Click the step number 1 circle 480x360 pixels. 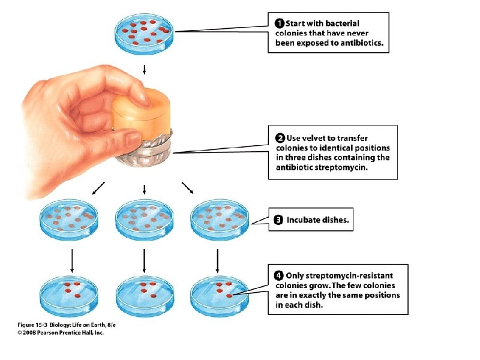tap(279, 23)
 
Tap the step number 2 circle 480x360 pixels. tap(280, 139)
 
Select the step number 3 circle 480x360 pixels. tap(278, 220)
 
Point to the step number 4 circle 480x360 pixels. tap(279, 275)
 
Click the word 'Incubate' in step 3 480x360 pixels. tap(305, 220)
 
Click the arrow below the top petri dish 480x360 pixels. tap(144, 68)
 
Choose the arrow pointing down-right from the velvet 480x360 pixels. tap(188, 188)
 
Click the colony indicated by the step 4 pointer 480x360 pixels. tap(230, 296)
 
